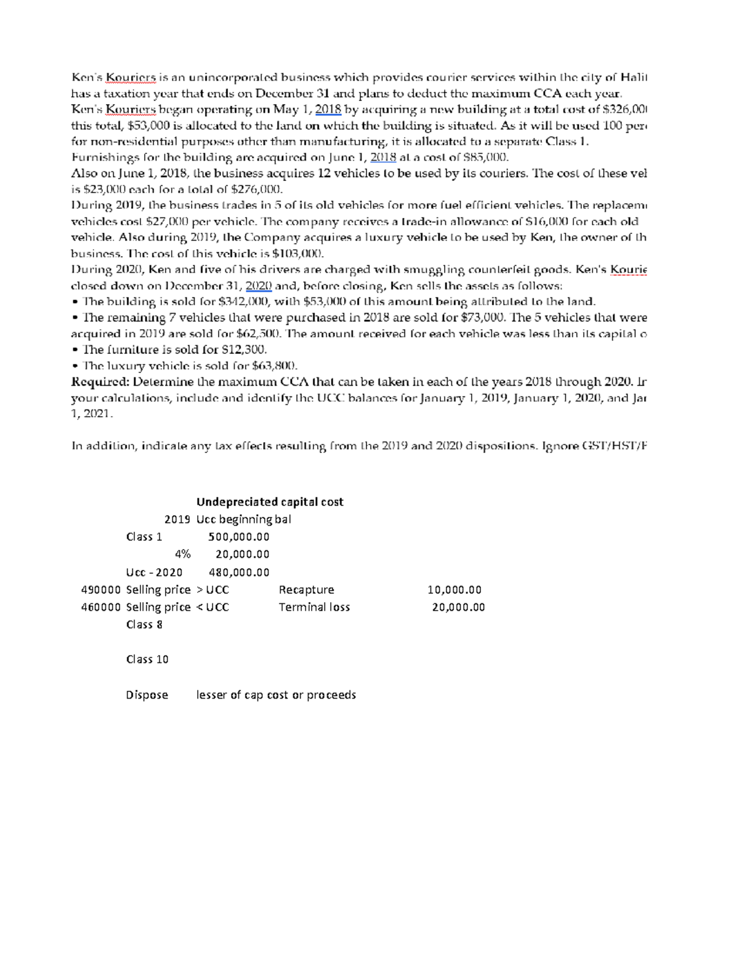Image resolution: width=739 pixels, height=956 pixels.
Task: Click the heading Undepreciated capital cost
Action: coord(269,502)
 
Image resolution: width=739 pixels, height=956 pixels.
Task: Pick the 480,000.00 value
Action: coord(239,572)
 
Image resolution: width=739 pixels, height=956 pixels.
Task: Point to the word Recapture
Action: coord(306,590)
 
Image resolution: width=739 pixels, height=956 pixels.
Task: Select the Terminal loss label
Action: coord(314,607)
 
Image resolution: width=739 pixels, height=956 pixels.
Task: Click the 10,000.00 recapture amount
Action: coord(454,590)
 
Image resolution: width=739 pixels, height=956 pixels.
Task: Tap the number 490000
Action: coord(101,590)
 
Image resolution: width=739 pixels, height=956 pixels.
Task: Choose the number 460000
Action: coord(101,607)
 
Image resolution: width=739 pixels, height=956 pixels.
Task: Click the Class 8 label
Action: coord(144,624)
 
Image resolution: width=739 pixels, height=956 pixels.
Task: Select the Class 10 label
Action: coord(147,659)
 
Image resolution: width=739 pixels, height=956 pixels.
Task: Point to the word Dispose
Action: coord(147,695)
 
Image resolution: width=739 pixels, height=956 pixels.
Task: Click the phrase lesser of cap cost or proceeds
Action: coord(276,695)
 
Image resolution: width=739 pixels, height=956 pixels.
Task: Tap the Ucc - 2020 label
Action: coord(154,572)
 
